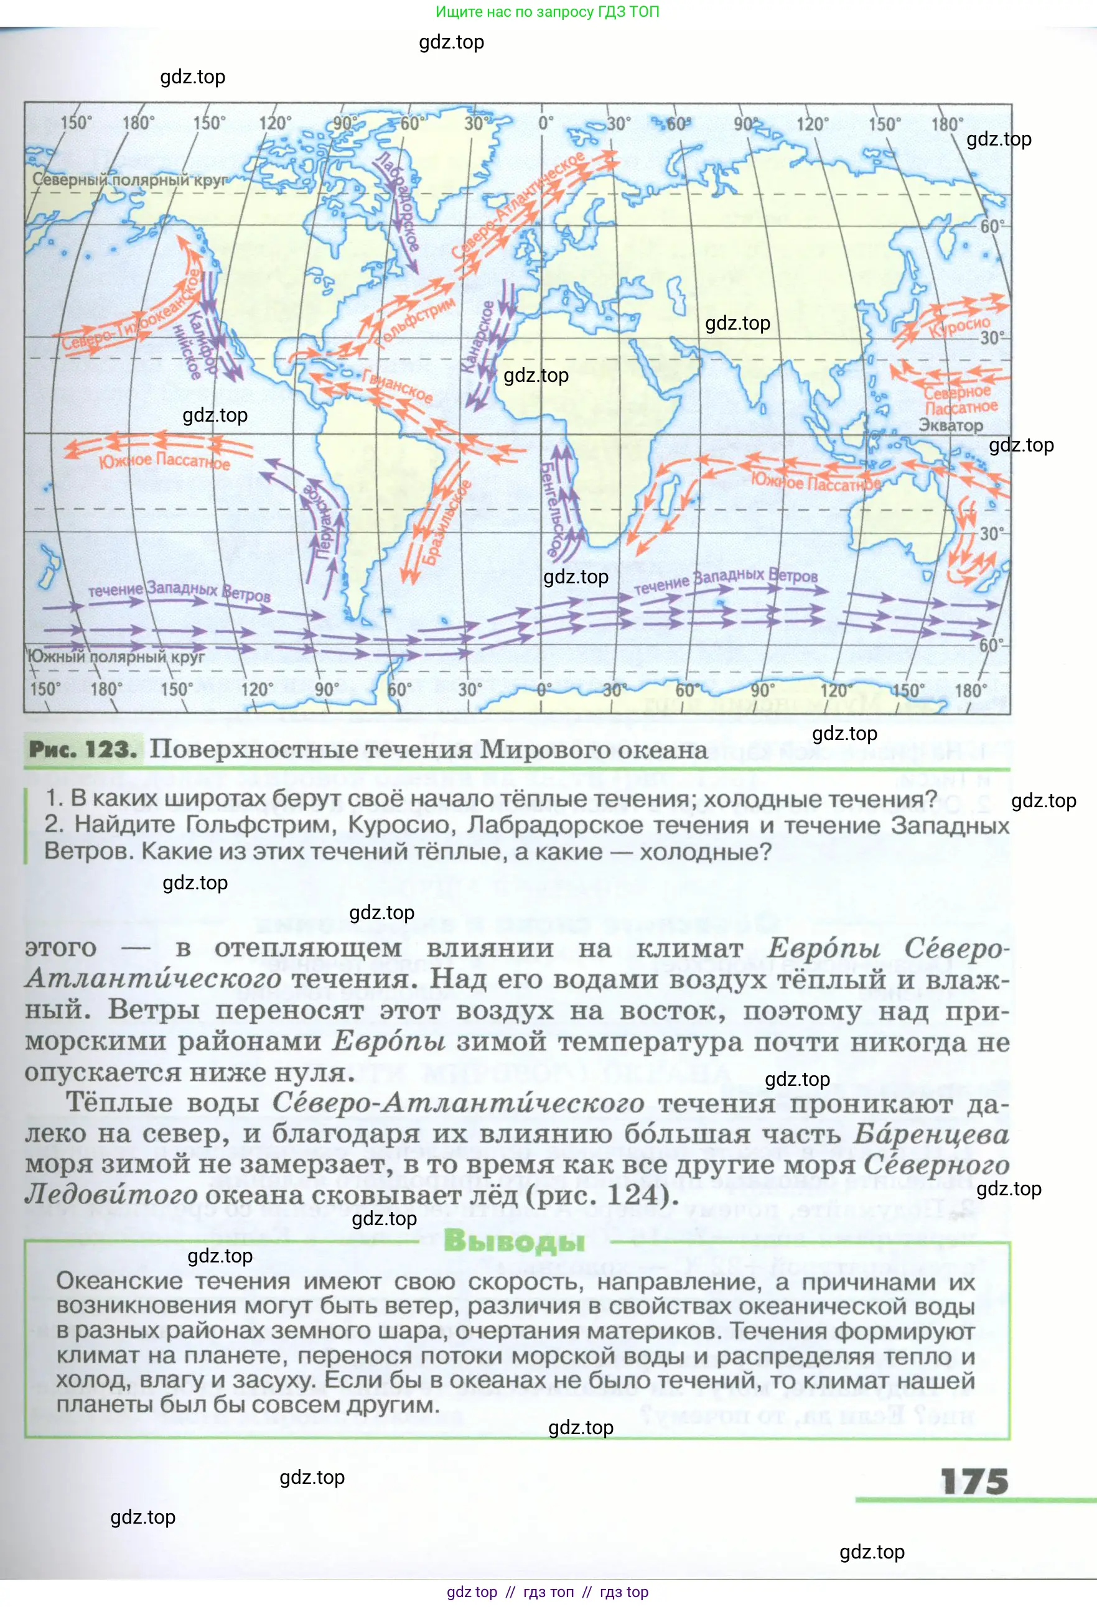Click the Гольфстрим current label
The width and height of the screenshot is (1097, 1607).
416,321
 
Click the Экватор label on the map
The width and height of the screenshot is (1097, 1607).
950,426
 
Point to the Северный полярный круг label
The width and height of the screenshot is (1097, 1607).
129,180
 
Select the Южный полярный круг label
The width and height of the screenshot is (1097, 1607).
116,656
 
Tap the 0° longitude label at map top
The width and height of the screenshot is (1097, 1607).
545,124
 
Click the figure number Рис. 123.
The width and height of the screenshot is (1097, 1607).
83,749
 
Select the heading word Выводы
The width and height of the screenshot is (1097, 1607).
514,1241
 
